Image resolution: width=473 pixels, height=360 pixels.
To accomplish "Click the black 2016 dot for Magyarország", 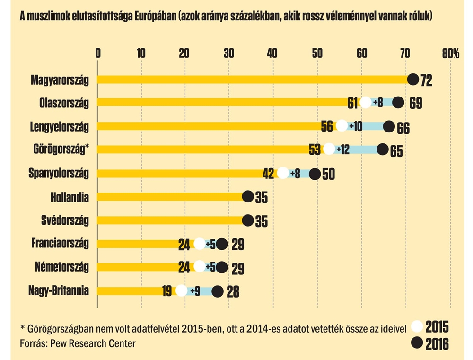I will [x=413, y=79].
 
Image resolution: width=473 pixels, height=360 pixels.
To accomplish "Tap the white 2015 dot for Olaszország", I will [x=365, y=102].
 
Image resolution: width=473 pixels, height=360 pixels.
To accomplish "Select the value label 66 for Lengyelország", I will [x=403, y=128].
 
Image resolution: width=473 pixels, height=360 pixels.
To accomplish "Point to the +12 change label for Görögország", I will [x=342, y=150].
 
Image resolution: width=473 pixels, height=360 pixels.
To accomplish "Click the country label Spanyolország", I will [x=59, y=173].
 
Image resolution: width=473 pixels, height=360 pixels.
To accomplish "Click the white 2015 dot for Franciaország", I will [x=200, y=244].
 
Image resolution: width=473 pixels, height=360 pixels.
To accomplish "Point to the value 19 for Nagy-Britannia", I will [x=166, y=291].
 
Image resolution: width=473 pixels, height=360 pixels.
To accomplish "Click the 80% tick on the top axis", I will [x=450, y=53].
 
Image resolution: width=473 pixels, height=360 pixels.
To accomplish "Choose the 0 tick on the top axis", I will [x=97, y=53].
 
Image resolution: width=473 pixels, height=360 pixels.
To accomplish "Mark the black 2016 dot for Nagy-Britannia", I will [x=218, y=291].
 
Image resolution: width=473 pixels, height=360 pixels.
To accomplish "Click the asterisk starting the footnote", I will [x=22, y=327].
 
